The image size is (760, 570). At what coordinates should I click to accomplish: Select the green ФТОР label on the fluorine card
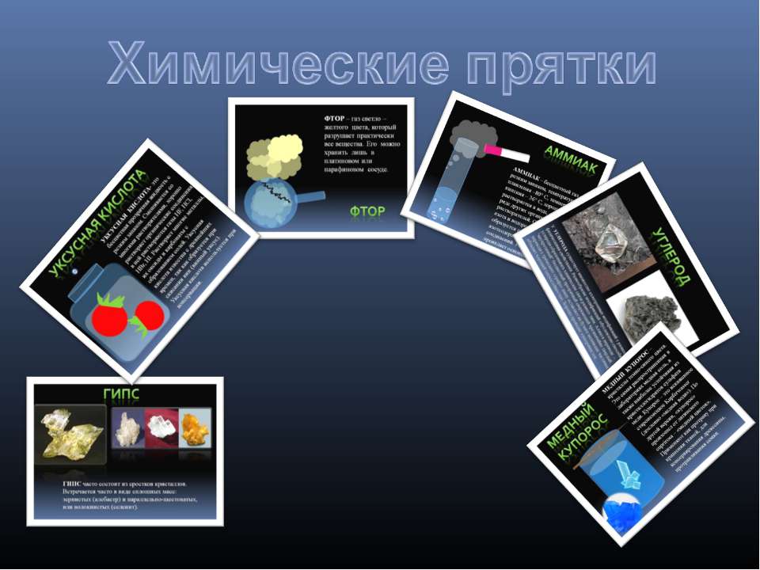coord(367,211)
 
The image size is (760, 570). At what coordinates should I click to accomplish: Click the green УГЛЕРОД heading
coord(682,261)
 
